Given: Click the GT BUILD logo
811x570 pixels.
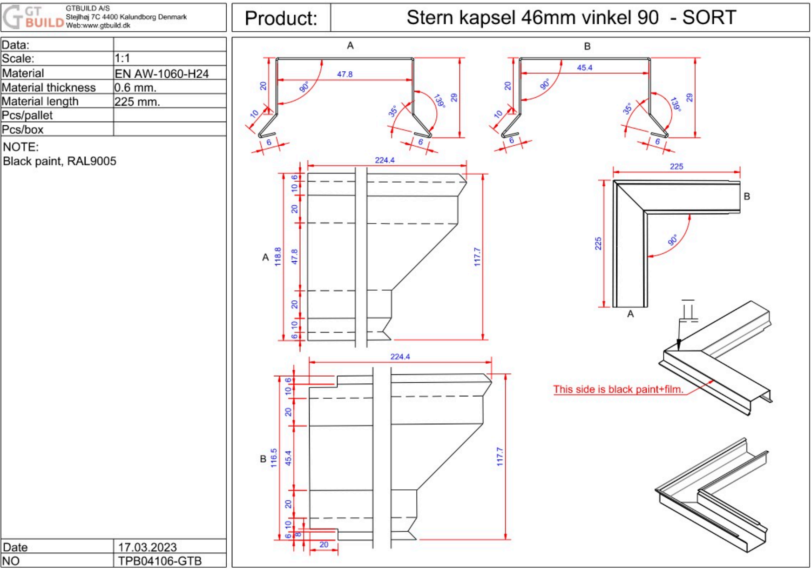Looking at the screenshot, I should click(x=33, y=17).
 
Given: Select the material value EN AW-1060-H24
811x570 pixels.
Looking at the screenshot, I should click(x=162, y=74).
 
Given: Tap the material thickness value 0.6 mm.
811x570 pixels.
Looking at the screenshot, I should click(x=135, y=88).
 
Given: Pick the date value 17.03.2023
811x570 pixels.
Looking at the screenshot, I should click(x=147, y=547).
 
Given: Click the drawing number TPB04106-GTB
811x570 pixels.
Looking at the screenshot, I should click(x=160, y=561).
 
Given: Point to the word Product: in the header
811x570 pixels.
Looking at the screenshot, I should click(x=281, y=18).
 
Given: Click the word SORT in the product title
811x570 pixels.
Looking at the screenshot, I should click(x=709, y=18).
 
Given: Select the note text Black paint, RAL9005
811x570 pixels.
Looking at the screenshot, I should click(x=60, y=161).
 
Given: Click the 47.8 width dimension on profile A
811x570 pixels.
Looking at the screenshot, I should click(x=345, y=74).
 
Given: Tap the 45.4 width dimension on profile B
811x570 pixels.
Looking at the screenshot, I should click(x=584, y=68).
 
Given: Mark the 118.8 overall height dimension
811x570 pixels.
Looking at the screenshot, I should click(x=278, y=257).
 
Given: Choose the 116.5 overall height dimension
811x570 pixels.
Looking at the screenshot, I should click(x=274, y=458).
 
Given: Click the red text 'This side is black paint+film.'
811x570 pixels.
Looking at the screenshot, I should click(x=618, y=389).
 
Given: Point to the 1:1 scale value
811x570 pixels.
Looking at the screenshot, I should click(x=122, y=58).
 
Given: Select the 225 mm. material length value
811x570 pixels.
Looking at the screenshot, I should click(x=137, y=102).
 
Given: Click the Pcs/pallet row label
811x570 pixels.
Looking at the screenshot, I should click(x=27, y=115).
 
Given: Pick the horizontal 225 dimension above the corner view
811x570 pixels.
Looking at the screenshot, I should click(x=676, y=166).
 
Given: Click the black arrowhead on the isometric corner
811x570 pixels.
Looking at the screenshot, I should click(x=679, y=345).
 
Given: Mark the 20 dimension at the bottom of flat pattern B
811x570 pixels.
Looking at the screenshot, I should click(x=324, y=544).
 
